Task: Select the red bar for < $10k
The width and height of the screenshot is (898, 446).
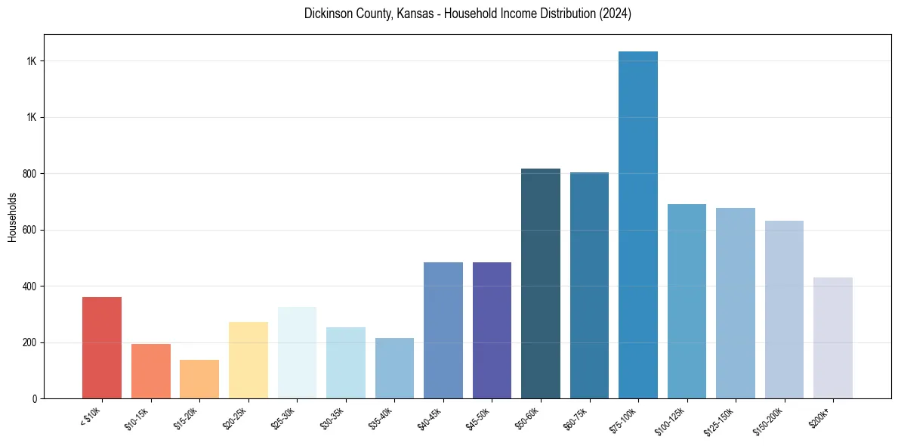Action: (102, 348)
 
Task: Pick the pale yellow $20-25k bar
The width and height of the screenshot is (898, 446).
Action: (248, 361)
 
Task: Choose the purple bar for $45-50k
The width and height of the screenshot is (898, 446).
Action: (492, 330)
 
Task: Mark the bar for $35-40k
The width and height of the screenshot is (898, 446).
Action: (394, 368)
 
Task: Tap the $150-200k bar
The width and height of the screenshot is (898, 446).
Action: (784, 309)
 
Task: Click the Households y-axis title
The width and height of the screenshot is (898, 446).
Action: (12, 216)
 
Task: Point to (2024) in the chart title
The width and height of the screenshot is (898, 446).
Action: (616, 14)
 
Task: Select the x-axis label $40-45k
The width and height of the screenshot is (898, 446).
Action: (430, 418)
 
